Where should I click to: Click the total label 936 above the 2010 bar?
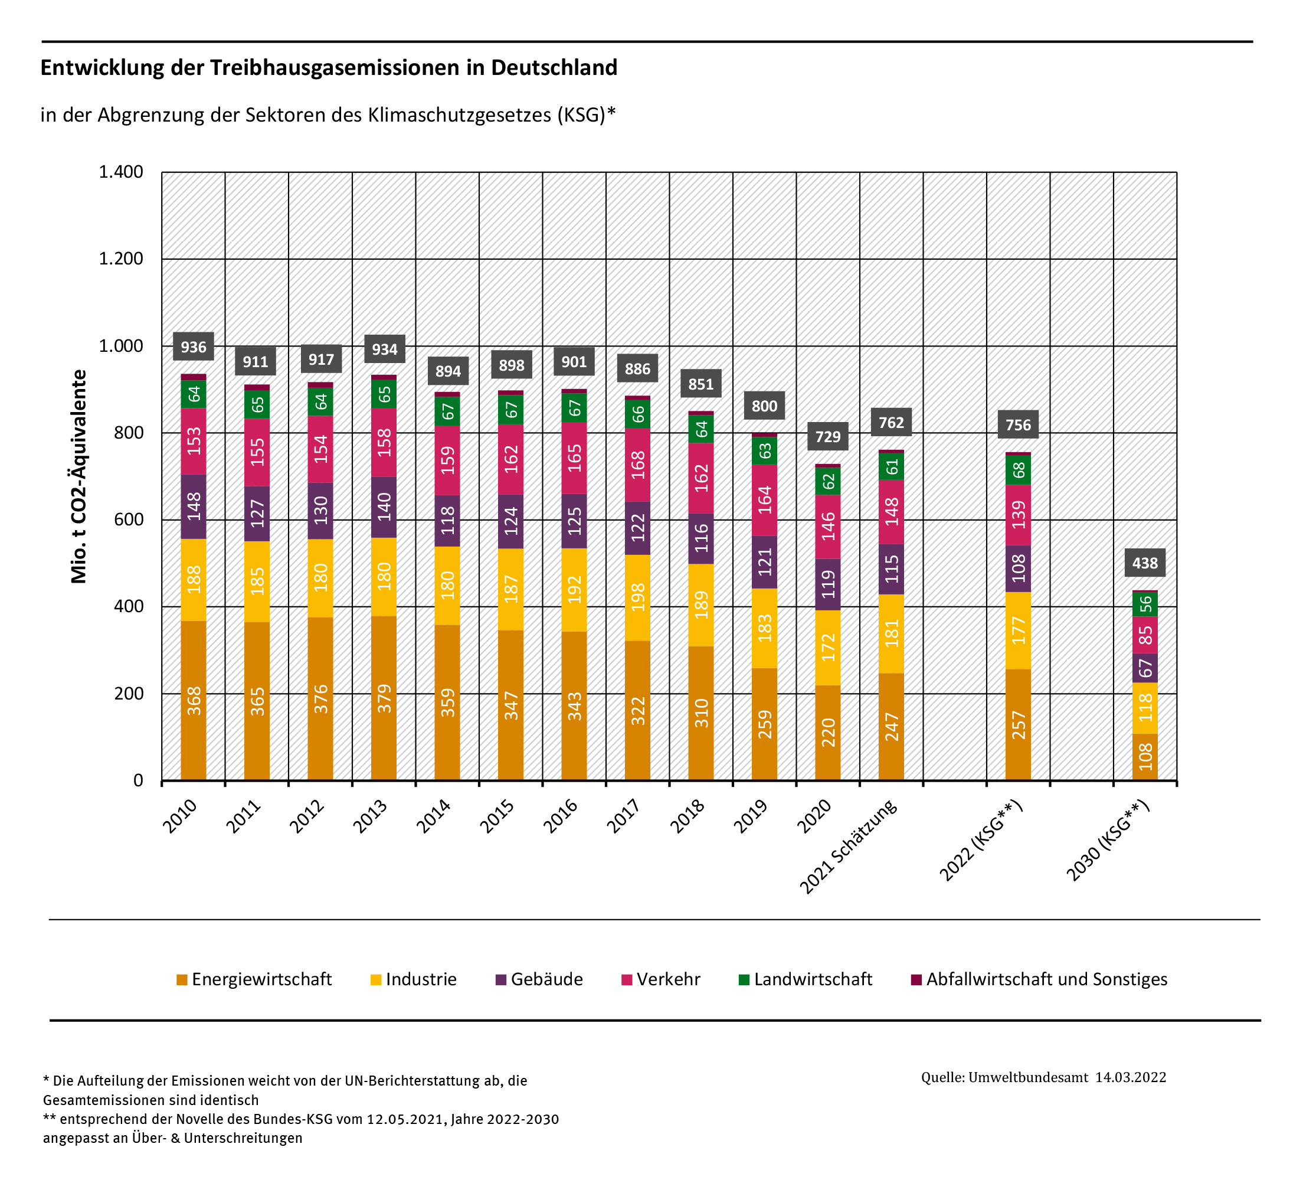(193, 347)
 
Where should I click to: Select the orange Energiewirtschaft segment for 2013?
(384, 698)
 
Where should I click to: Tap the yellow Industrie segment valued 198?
(637, 597)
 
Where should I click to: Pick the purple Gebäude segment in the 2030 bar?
(1145, 668)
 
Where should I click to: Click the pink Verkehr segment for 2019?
(764, 499)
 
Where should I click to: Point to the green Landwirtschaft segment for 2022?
(1018, 470)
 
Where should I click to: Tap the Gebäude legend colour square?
(501, 979)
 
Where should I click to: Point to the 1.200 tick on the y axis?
(121, 259)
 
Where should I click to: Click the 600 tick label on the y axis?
(129, 519)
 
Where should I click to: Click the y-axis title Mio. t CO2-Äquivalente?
(79, 476)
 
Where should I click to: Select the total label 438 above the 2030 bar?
(1145, 563)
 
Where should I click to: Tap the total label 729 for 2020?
(827, 436)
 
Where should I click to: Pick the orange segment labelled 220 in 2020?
(827, 733)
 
